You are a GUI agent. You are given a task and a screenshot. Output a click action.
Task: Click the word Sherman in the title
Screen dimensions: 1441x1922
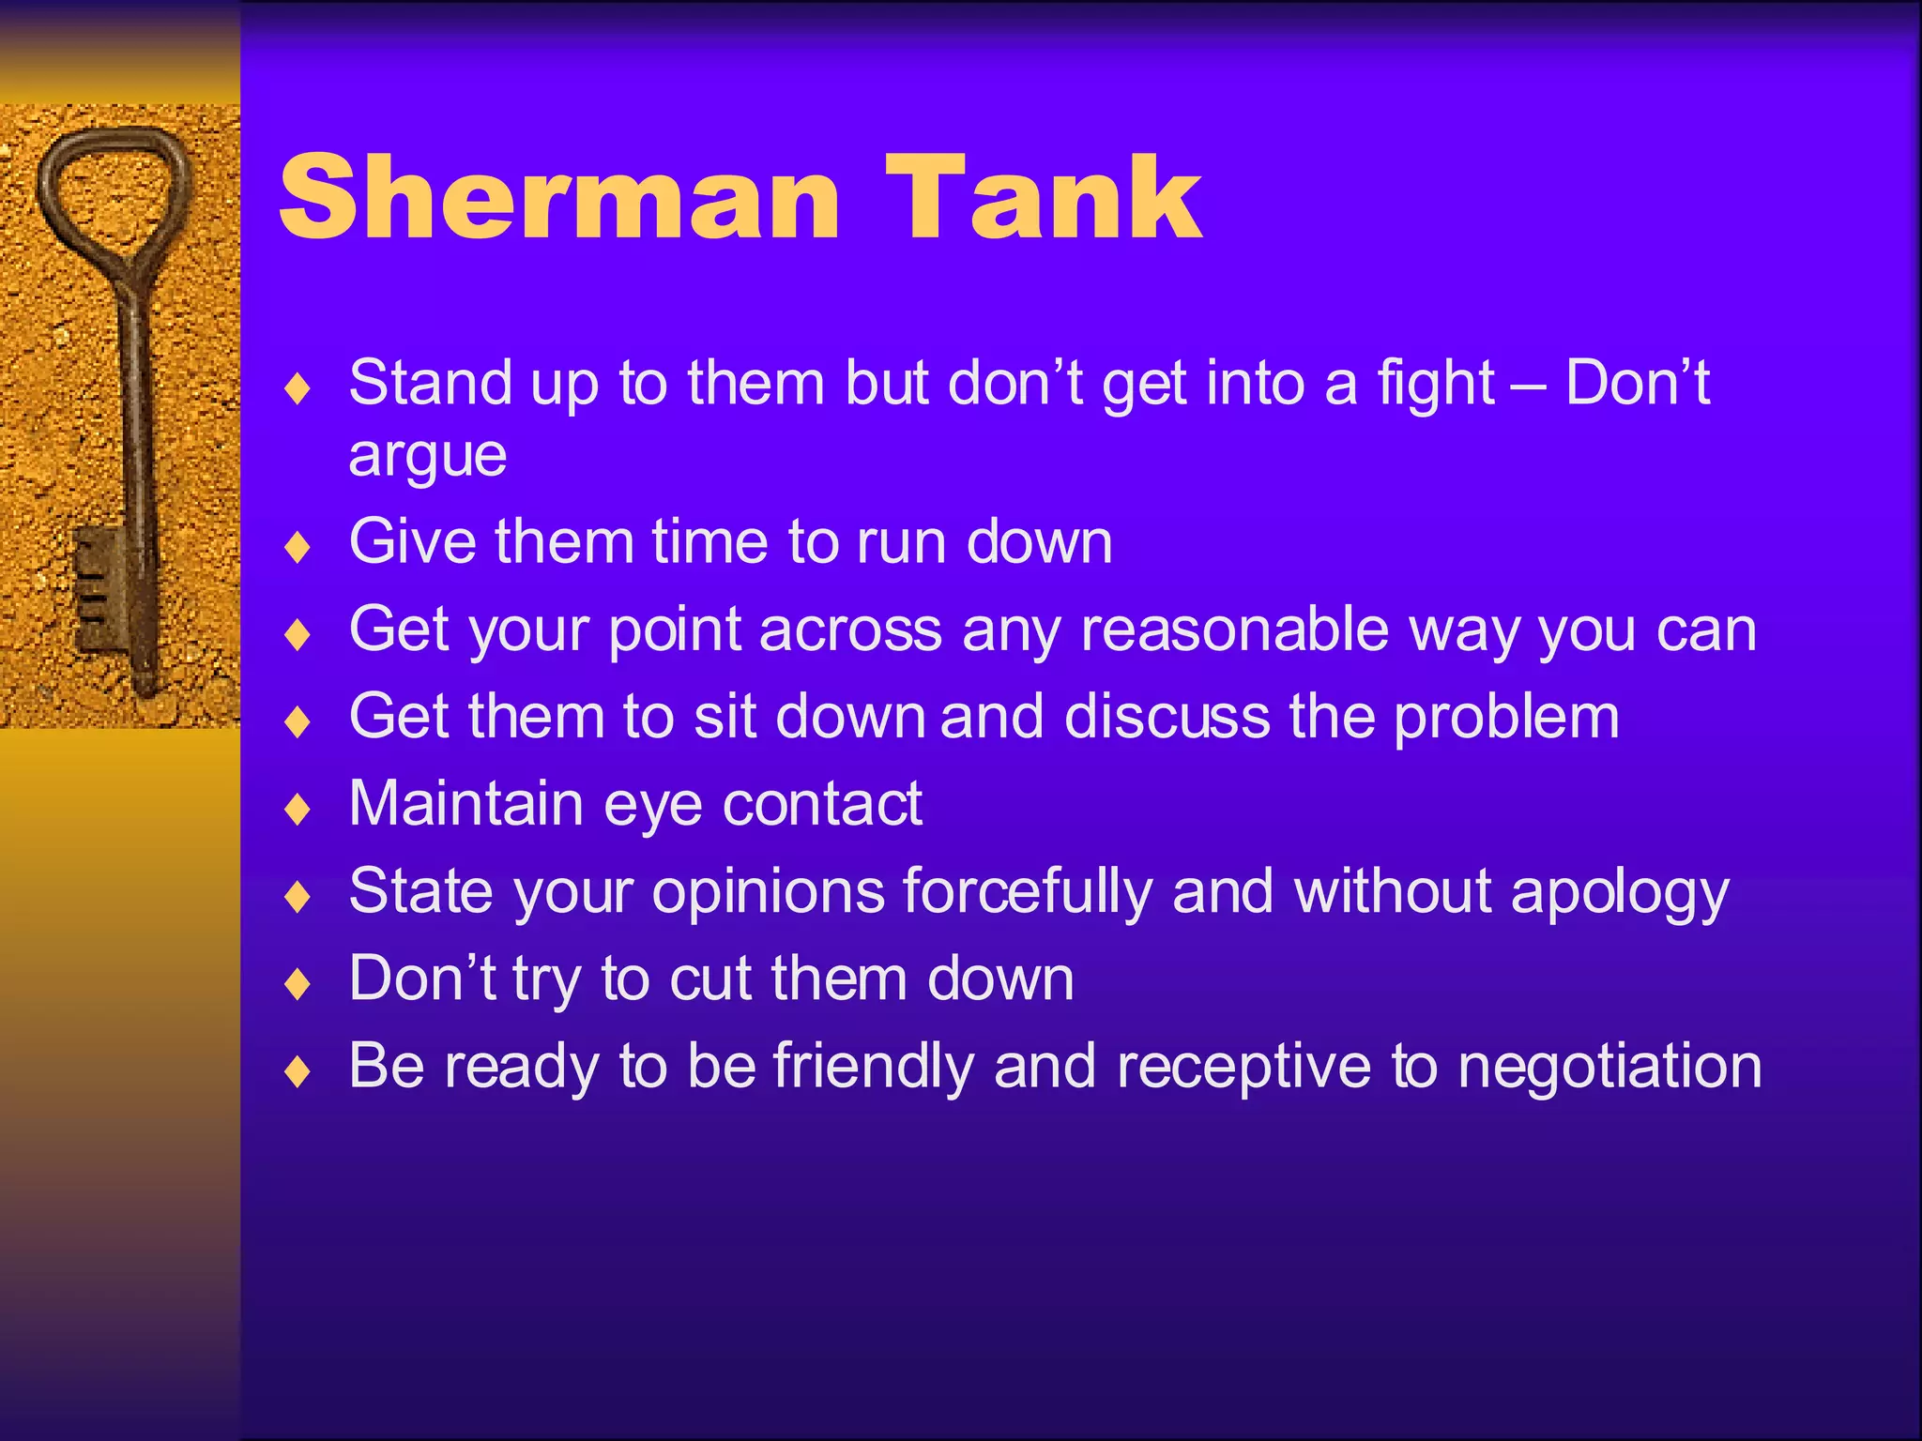click(559, 199)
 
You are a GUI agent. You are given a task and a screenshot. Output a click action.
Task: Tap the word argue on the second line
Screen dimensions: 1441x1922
click(427, 457)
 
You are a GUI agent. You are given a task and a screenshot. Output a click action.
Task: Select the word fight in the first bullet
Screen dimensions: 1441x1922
click(1435, 384)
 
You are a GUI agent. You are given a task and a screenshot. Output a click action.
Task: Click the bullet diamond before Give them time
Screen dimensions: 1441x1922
click(297, 547)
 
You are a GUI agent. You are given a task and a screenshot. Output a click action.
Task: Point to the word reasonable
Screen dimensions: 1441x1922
click(1234, 629)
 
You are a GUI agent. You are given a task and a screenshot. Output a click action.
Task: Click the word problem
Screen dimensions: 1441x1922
click(1506, 718)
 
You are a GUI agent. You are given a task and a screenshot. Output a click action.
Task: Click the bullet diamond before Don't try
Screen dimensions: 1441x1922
click(297, 984)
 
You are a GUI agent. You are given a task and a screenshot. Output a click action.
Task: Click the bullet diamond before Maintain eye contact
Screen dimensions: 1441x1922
click(297, 810)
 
